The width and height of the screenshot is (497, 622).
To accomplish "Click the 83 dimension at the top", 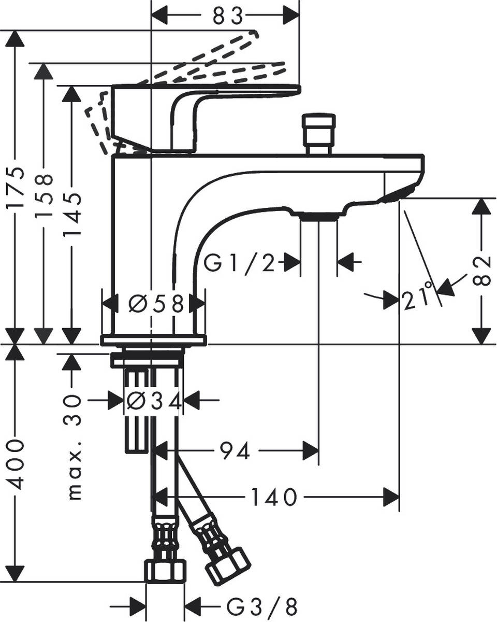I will click(228, 17).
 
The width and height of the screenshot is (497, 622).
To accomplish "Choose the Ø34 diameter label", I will click(154, 401).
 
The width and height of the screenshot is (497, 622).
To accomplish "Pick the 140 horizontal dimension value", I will click(274, 497).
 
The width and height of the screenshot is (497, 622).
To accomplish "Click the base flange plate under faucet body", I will click(153, 340).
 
